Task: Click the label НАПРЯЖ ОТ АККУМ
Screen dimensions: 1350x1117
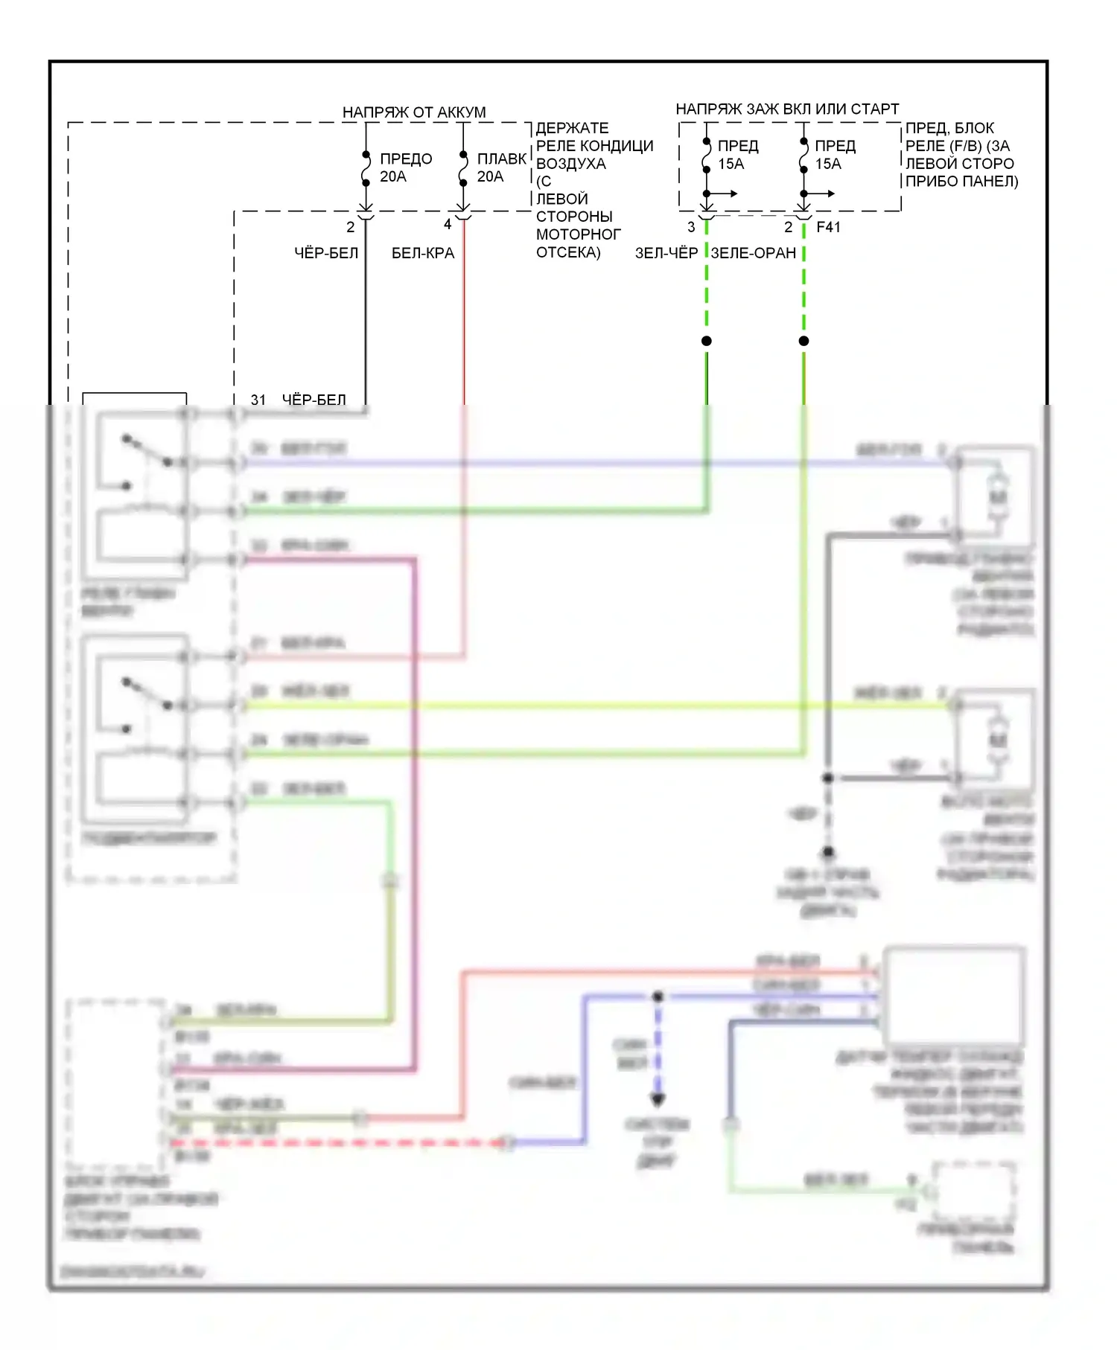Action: tap(413, 112)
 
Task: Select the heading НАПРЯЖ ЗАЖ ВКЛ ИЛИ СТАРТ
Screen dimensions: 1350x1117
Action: tap(787, 109)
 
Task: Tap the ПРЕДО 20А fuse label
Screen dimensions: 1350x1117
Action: tap(405, 167)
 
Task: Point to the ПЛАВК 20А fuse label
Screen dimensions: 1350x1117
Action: tap(501, 167)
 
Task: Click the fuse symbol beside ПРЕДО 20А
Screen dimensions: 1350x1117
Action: tap(366, 168)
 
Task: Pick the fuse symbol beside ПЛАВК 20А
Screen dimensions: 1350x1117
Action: tap(463, 168)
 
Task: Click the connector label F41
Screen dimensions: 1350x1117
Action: tap(828, 227)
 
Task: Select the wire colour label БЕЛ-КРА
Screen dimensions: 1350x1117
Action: tap(422, 253)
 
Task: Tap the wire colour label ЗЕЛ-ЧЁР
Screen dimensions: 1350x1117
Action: tap(666, 253)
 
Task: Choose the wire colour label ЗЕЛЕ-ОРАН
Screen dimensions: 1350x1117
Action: tap(753, 253)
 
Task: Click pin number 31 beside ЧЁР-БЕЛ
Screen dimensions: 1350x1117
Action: tap(258, 400)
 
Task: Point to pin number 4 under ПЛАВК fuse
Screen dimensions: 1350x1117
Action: tap(448, 224)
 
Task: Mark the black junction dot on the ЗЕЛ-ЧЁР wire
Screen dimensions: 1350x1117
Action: tap(707, 341)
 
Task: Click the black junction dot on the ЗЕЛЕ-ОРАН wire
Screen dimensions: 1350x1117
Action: tap(803, 341)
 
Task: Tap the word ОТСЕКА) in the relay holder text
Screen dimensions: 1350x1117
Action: tap(568, 252)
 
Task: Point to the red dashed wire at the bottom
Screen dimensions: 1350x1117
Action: tap(335, 1142)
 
